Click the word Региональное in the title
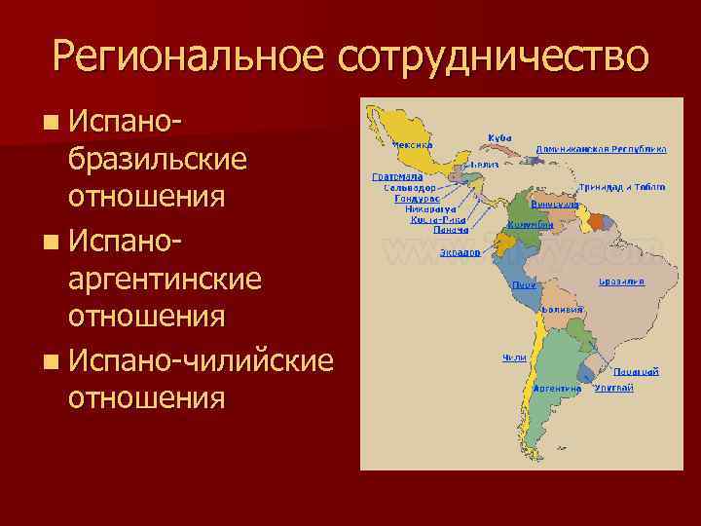[x=189, y=56]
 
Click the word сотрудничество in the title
[x=492, y=56]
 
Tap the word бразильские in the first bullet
[x=156, y=159]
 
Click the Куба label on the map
[x=499, y=137]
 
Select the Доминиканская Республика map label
[x=601, y=150]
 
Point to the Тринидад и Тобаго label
[x=622, y=185]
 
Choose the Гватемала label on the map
[x=396, y=177]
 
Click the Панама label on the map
[x=424, y=230]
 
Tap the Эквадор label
[x=460, y=252]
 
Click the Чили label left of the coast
[x=514, y=357]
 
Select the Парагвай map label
[x=636, y=371]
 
